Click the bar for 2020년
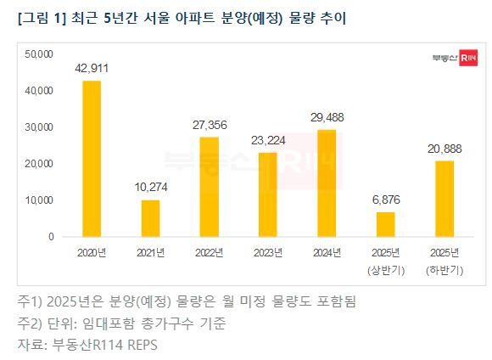pyautogui.click(x=91, y=159)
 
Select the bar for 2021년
pyautogui.click(x=149, y=218)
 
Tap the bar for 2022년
pyautogui.click(x=208, y=187)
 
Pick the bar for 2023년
pyautogui.click(x=266, y=194)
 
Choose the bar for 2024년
pyautogui.click(x=326, y=183)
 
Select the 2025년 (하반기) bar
pyautogui.click(x=444, y=199)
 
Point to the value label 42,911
pyautogui.click(x=92, y=68)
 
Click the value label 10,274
pyautogui.click(x=150, y=187)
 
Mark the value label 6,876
pyautogui.click(x=385, y=199)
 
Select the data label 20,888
pyautogui.click(x=444, y=148)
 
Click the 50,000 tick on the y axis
pyautogui.click(x=39, y=53)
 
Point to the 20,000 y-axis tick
pyautogui.click(x=39, y=163)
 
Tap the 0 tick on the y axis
pyautogui.click(x=51, y=236)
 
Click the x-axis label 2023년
pyautogui.click(x=267, y=253)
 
